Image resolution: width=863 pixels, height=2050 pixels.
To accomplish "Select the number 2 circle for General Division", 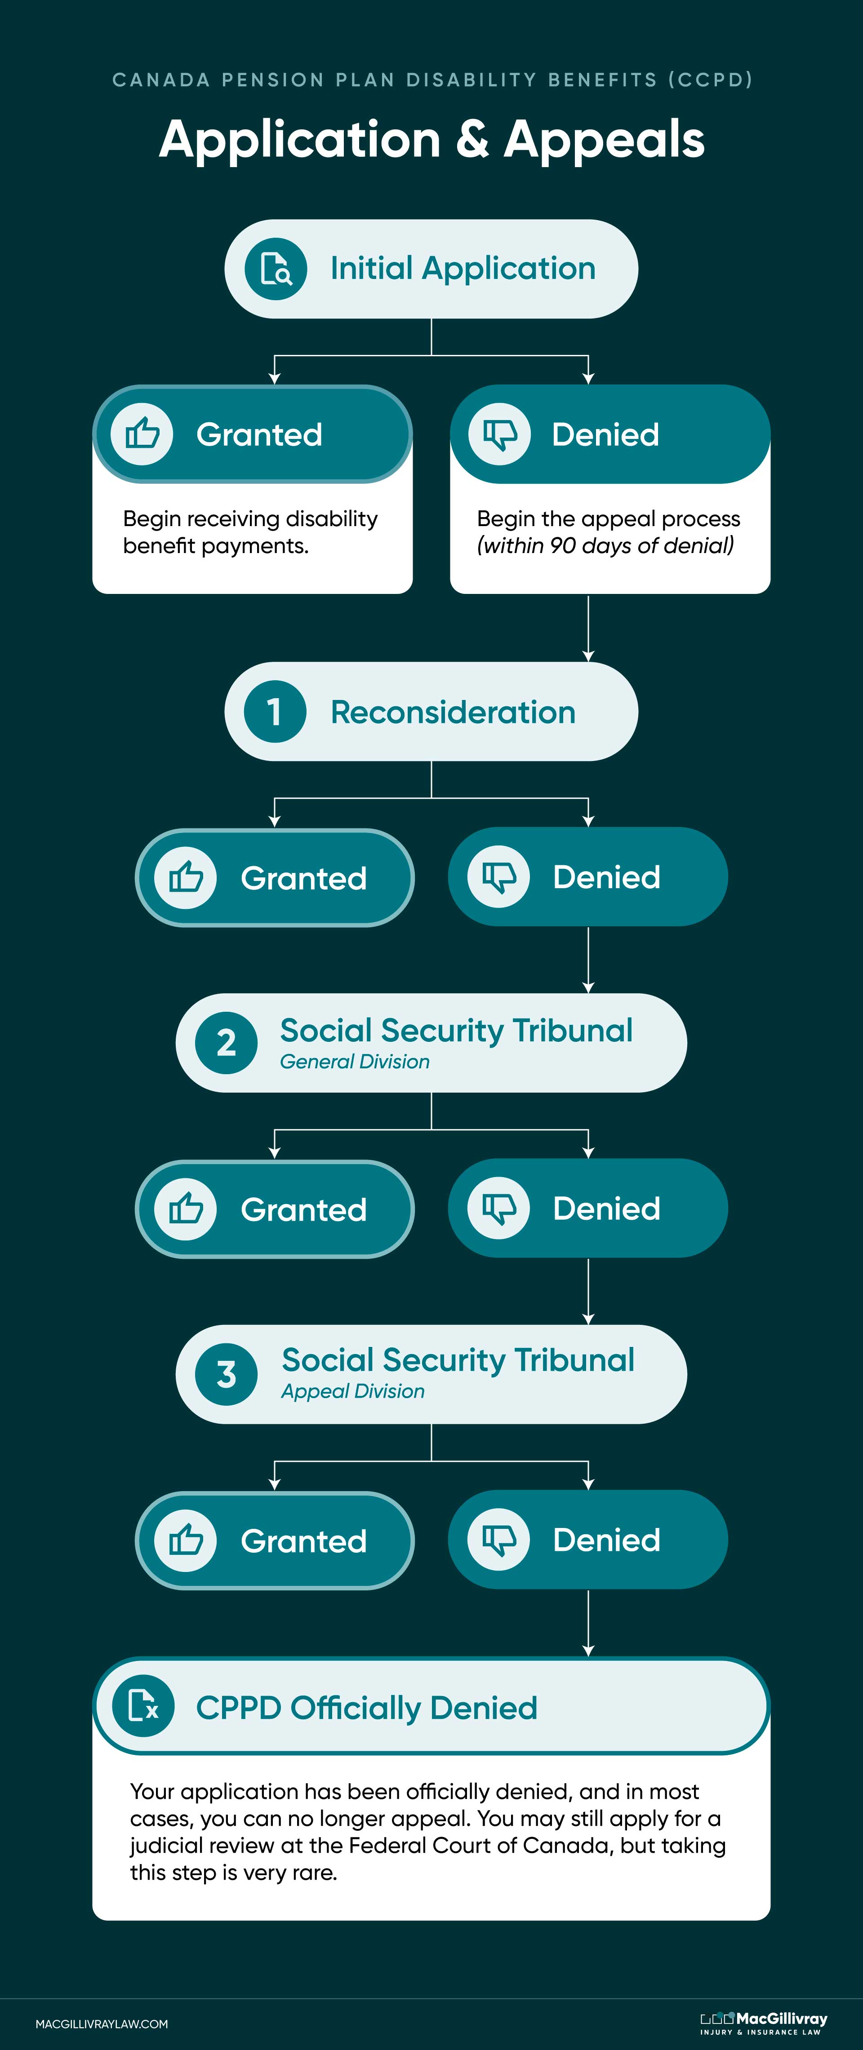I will (226, 1042).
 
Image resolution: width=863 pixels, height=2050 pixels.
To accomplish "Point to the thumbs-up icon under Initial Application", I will (142, 434).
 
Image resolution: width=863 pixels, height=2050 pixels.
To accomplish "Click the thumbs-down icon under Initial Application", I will (499, 434).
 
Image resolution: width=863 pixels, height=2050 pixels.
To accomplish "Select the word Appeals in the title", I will (604, 139).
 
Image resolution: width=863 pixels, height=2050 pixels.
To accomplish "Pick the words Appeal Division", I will (353, 1391).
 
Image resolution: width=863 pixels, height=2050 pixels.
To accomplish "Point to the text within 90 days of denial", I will (605, 546).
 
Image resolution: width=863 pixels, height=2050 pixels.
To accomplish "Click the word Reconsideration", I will (453, 712).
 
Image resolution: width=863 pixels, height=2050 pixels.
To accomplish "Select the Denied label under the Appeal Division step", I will (607, 1540).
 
